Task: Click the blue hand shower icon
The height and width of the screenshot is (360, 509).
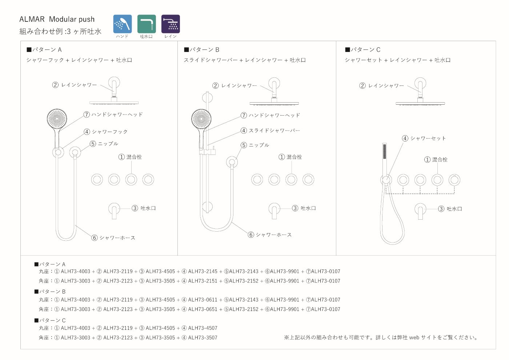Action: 123,24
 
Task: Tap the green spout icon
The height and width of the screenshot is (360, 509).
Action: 147,24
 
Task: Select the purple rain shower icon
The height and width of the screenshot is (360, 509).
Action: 171,24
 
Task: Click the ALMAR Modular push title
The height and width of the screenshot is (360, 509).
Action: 57,19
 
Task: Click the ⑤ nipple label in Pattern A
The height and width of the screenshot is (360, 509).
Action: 104,144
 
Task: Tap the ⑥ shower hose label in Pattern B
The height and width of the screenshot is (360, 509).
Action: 270,235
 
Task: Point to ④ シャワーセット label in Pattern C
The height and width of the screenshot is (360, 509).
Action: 424,138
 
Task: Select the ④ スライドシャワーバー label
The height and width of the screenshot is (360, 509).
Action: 270,131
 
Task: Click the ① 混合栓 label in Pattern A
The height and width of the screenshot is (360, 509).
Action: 130,157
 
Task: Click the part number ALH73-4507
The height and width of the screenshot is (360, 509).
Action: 203,328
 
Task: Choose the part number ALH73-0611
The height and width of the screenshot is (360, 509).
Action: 203,300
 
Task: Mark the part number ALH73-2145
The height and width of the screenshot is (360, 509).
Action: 203,271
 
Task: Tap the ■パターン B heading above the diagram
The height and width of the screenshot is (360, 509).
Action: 201,49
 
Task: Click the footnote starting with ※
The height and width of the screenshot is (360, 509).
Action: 381,337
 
